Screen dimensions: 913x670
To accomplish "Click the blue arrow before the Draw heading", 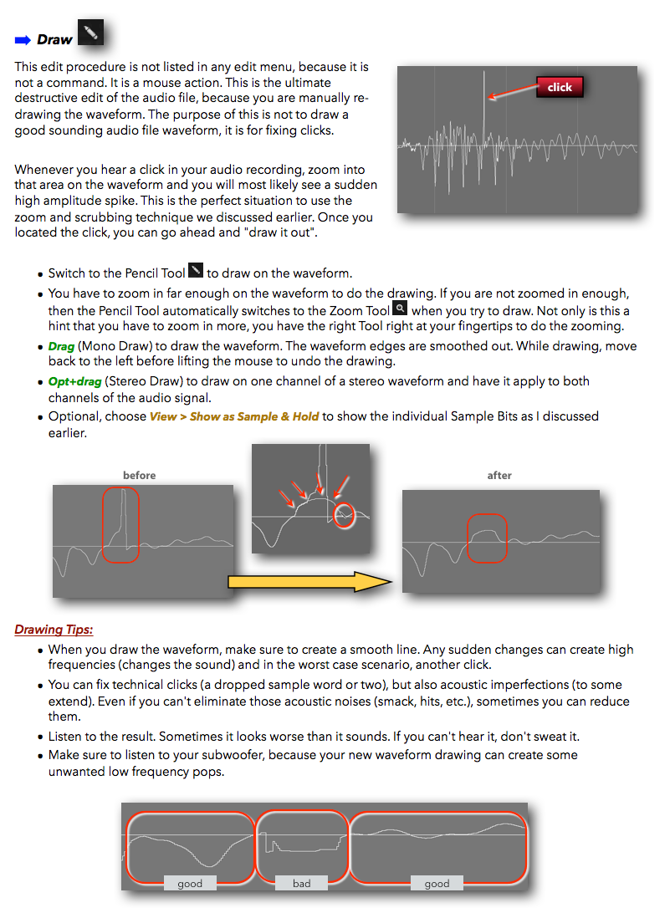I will click(23, 39).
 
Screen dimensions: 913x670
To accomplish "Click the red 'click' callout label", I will click(560, 87).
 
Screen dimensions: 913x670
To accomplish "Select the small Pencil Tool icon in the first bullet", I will click(196, 270).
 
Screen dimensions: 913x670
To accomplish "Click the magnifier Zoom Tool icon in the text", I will click(400, 308).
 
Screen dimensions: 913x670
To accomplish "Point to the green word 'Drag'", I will click(61, 346).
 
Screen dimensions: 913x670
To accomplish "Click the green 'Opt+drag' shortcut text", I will click(74, 381).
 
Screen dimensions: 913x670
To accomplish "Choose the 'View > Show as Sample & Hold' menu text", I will click(234, 416).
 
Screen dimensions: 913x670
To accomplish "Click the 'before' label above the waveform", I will click(139, 476).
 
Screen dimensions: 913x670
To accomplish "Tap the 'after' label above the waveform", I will click(499, 476).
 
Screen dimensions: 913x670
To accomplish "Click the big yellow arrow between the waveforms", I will click(309, 582).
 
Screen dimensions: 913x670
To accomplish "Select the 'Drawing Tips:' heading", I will click(54, 630).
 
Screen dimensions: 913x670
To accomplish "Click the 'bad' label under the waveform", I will click(301, 883).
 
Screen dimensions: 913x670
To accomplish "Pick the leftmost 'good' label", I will click(190, 883).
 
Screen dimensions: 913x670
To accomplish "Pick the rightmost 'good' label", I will click(437, 883).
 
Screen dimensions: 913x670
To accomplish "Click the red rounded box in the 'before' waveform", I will click(121, 525).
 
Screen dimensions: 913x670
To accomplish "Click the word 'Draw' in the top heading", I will click(54, 39).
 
